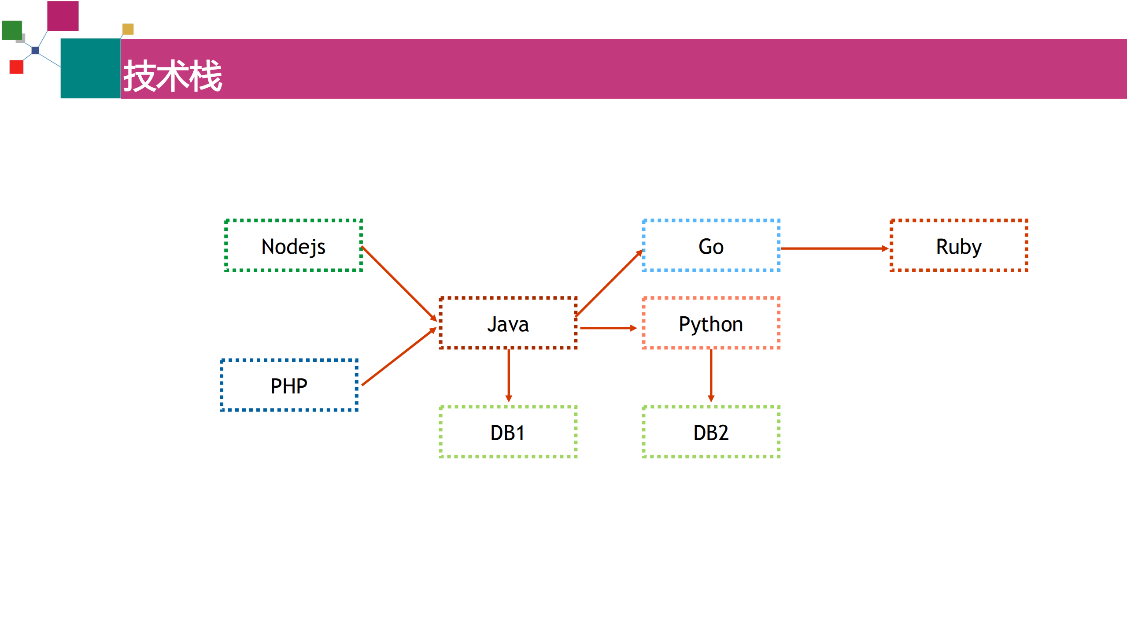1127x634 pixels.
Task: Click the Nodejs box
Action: tap(293, 246)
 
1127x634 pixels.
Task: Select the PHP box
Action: tap(289, 386)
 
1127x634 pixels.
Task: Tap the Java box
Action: tap(508, 323)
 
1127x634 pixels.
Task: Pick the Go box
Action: tap(711, 246)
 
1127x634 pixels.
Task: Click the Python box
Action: tap(711, 323)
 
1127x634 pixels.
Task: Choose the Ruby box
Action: tap(959, 246)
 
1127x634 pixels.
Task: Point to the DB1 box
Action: tap(508, 432)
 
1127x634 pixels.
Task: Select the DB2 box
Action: tap(711, 432)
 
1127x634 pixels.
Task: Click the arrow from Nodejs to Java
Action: tap(399, 283)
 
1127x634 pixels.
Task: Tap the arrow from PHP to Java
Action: tap(399, 357)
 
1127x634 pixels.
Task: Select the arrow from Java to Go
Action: tap(609, 283)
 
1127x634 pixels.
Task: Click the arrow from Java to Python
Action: tap(608, 328)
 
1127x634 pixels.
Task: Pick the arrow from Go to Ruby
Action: tap(835, 248)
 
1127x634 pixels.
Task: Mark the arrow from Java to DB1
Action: tap(509, 374)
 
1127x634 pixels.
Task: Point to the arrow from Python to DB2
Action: tap(711, 374)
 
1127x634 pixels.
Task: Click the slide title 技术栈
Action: tap(173, 76)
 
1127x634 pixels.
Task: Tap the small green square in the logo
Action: tap(12, 30)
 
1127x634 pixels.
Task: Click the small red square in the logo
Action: tap(16, 67)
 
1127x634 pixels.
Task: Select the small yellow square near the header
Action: tap(128, 29)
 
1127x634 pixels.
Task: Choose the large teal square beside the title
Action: tap(90, 68)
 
